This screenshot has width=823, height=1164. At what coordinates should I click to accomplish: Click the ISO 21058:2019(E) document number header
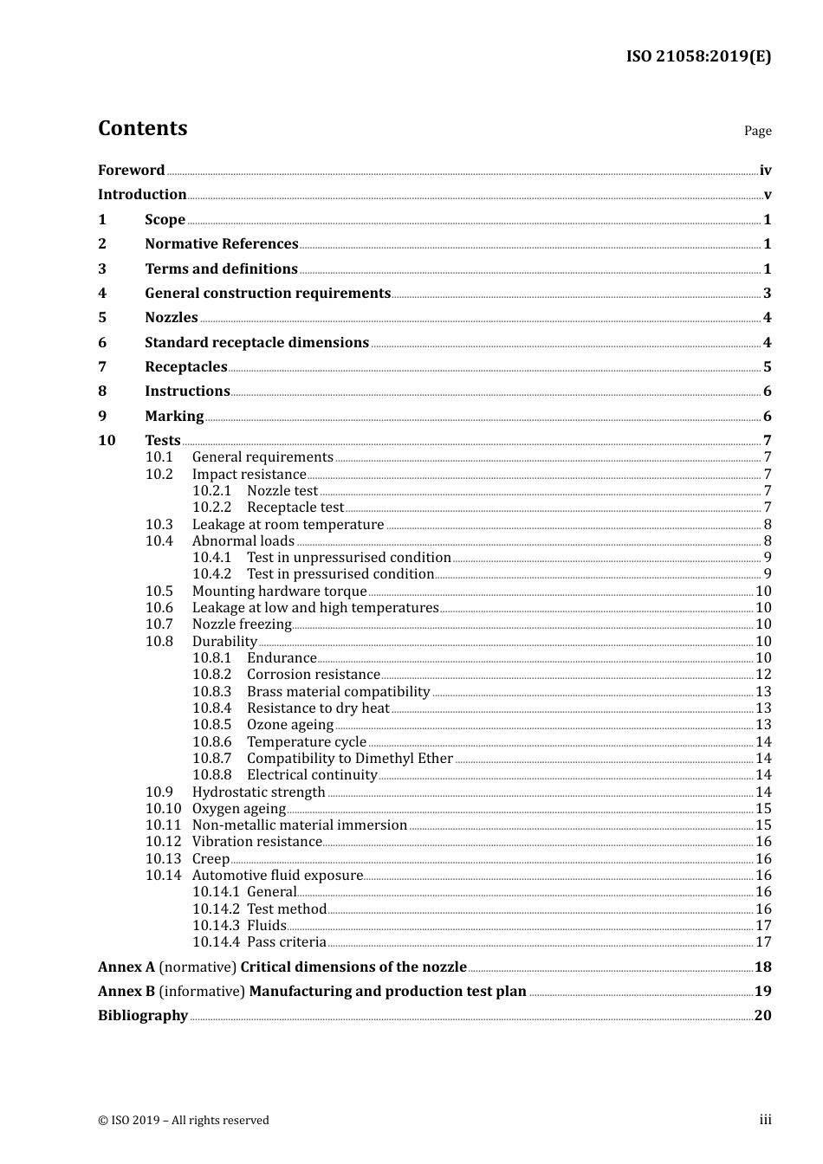[x=698, y=56]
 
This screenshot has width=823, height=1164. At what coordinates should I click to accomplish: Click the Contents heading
[x=142, y=128]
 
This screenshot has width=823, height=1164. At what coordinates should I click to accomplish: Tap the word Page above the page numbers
[x=757, y=131]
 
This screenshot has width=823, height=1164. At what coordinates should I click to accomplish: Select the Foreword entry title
[x=131, y=170]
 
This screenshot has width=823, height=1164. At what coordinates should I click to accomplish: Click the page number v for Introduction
[x=767, y=195]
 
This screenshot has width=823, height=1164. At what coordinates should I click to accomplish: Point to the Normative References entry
[x=221, y=244]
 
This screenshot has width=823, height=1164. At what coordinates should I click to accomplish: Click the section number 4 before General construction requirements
[x=102, y=294]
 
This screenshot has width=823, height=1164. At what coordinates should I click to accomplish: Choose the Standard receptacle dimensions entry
[x=256, y=343]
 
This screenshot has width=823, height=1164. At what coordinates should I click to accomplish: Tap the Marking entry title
[x=174, y=417]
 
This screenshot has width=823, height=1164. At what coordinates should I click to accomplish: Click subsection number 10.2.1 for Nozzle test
[x=211, y=491]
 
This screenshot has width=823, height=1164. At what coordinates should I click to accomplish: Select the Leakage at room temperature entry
[x=288, y=525]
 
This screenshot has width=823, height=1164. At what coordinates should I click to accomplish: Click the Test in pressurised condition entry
[x=340, y=574]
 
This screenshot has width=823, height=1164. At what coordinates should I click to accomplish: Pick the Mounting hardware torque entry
[x=279, y=592]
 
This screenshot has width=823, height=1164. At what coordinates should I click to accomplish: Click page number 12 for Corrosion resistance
[x=763, y=675]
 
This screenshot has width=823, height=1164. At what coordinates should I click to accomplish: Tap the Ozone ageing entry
[x=289, y=725]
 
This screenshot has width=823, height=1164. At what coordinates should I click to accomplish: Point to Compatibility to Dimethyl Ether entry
[x=349, y=759]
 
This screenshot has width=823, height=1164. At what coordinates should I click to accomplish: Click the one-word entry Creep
[x=211, y=859]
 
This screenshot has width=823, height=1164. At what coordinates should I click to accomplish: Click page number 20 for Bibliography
[x=762, y=1016]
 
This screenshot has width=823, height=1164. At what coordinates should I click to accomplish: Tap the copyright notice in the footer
[x=184, y=1121]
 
